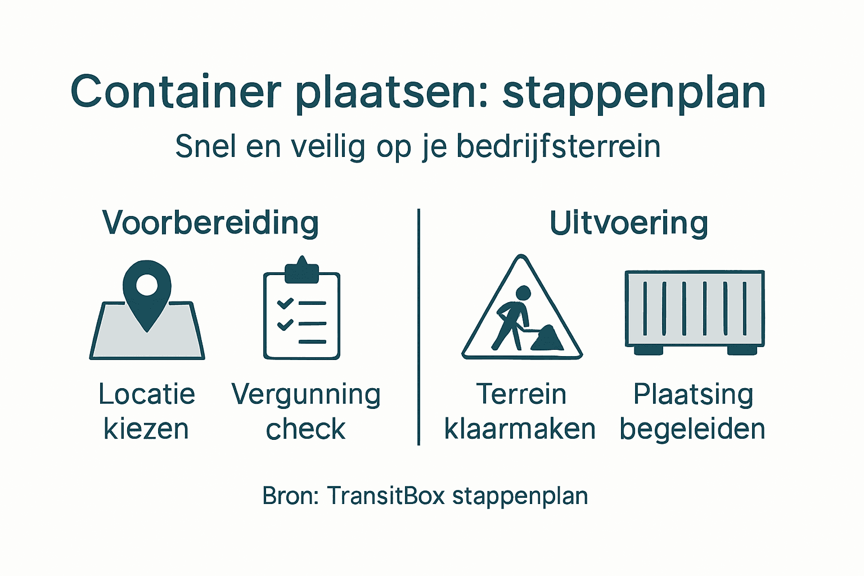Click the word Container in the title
(175, 92)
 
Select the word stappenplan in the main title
(634, 93)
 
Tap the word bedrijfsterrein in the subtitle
(558, 146)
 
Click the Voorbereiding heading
(210, 223)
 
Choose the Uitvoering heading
(628, 223)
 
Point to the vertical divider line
(419, 326)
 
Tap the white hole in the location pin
(147, 285)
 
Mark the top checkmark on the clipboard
(285, 303)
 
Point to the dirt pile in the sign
(546, 339)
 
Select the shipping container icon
(695, 311)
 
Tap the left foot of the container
(649, 350)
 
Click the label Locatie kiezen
(147, 411)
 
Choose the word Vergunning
(306, 395)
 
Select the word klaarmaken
(520, 429)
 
